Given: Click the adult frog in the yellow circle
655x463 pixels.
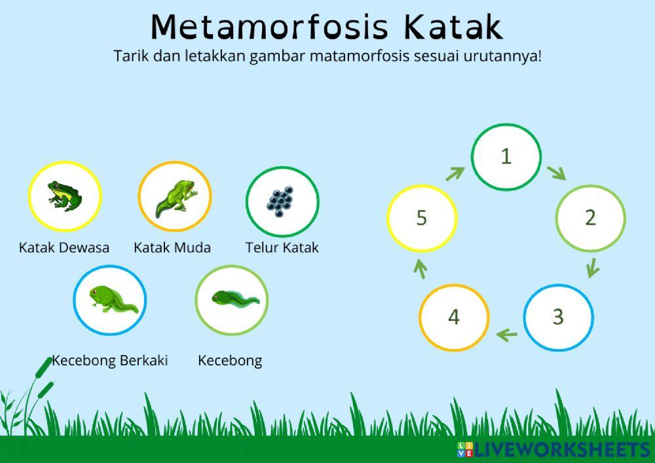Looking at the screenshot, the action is click(x=65, y=196).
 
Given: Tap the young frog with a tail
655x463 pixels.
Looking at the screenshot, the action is click(x=176, y=198).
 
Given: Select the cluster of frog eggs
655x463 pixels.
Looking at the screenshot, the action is click(x=280, y=201).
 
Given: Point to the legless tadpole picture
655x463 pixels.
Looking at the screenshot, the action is click(x=235, y=299).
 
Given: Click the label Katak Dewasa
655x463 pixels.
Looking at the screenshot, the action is click(x=64, y=248).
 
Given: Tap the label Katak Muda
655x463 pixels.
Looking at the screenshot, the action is click(x=172, y=248).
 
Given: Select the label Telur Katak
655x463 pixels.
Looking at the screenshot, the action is click(x=282, y=248).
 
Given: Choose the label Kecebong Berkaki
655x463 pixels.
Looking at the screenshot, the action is click(x=109, y=360).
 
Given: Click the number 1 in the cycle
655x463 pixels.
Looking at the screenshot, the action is click(x=506, y=156).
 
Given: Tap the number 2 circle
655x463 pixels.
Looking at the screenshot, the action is click(x=590, y=217).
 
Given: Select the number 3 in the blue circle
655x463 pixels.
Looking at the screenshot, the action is click(x=558, y=317).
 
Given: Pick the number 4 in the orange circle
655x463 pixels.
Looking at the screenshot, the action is click(x=454, y=317).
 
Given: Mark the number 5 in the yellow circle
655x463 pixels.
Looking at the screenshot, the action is click(x=421, y=217).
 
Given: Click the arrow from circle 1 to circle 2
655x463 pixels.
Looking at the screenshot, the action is click(x=556, y=173).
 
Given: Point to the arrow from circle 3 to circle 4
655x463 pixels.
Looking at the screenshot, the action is click(x=507, y=335).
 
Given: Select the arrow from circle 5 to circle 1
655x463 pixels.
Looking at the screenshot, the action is click(x=455, y=174).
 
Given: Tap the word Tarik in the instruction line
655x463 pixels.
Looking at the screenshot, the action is click(x=131, y=56).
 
